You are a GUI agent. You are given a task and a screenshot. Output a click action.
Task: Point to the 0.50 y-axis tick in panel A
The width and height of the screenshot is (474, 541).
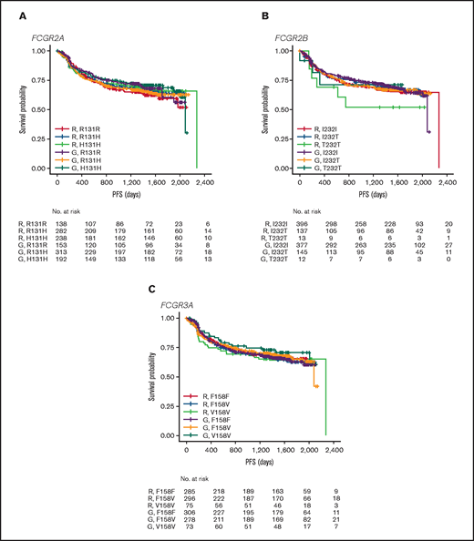click(39, 109)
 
